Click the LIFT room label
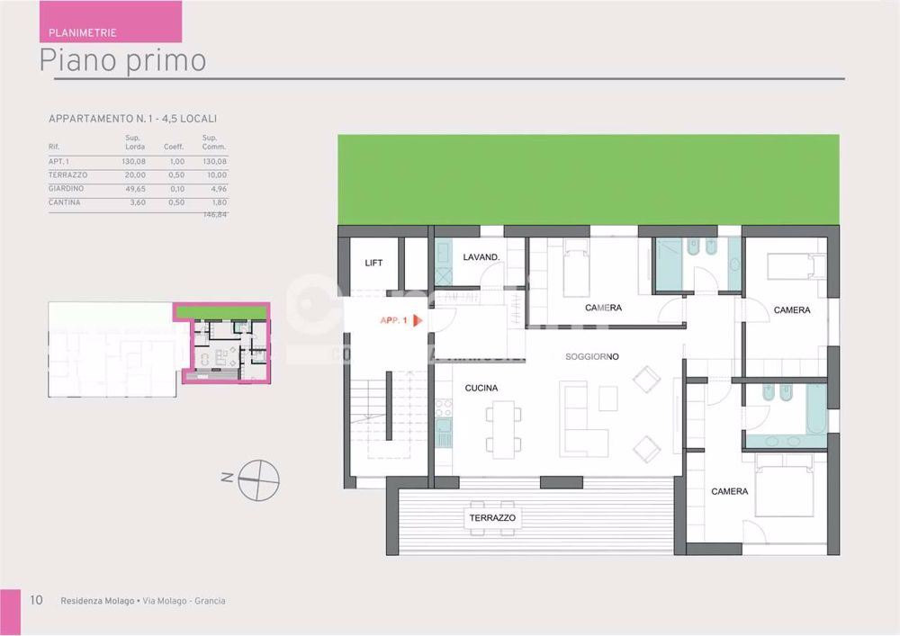coord(373,264)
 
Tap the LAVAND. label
coord(481,257)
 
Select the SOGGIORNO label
coord(591,357)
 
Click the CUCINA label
coord(481,389)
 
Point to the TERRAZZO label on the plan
coord(492,519)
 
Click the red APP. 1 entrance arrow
coord(418,320)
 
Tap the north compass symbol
coord(258,479)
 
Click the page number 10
coord(36,601)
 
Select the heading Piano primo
coord(123,60)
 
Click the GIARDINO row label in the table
coord(66,189)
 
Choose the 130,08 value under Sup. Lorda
coord(134,161)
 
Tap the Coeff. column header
coord(174,147)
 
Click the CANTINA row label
coord(64,202)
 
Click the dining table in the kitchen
coord(504,428)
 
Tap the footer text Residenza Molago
coord(97,601)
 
